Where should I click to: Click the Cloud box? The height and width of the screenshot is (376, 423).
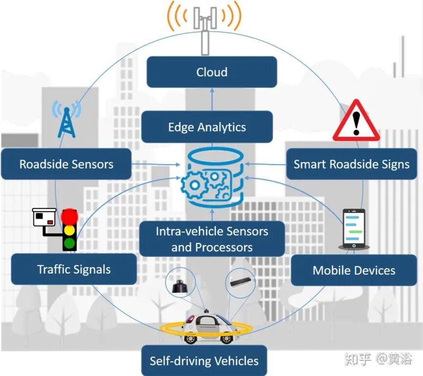[x=212, y=72]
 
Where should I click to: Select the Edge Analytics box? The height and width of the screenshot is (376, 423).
[x=207, y=127]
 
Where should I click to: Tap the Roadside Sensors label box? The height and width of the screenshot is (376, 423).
[x=66, y=164]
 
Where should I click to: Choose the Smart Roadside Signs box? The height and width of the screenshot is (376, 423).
[x=352, y=164]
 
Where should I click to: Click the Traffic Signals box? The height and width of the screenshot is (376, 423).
[x=74, y=269]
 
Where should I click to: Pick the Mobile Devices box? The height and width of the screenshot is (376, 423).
[x=354, y=270]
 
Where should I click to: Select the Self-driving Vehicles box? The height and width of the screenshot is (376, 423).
[x=204, y=361]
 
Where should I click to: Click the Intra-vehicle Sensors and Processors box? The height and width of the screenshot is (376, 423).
[x=212, y=239]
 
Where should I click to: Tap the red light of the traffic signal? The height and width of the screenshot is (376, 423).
[x=69, y=216]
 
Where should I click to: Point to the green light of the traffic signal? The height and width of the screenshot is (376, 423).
[x=69, y=243]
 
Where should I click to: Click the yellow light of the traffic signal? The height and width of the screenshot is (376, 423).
[x=69, y=230]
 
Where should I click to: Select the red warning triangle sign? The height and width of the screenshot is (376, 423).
[x=357, y=120]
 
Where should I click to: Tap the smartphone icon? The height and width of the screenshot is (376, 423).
[x=354, y=229]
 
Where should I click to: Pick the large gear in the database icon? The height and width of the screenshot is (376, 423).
[x=194, y=185]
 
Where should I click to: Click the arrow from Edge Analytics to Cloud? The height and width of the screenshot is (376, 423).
[x=212, y=99]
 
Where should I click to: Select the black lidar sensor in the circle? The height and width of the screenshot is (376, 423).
[x=180, y=287]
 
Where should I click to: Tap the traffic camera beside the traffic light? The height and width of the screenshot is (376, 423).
[x=44, y=217]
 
